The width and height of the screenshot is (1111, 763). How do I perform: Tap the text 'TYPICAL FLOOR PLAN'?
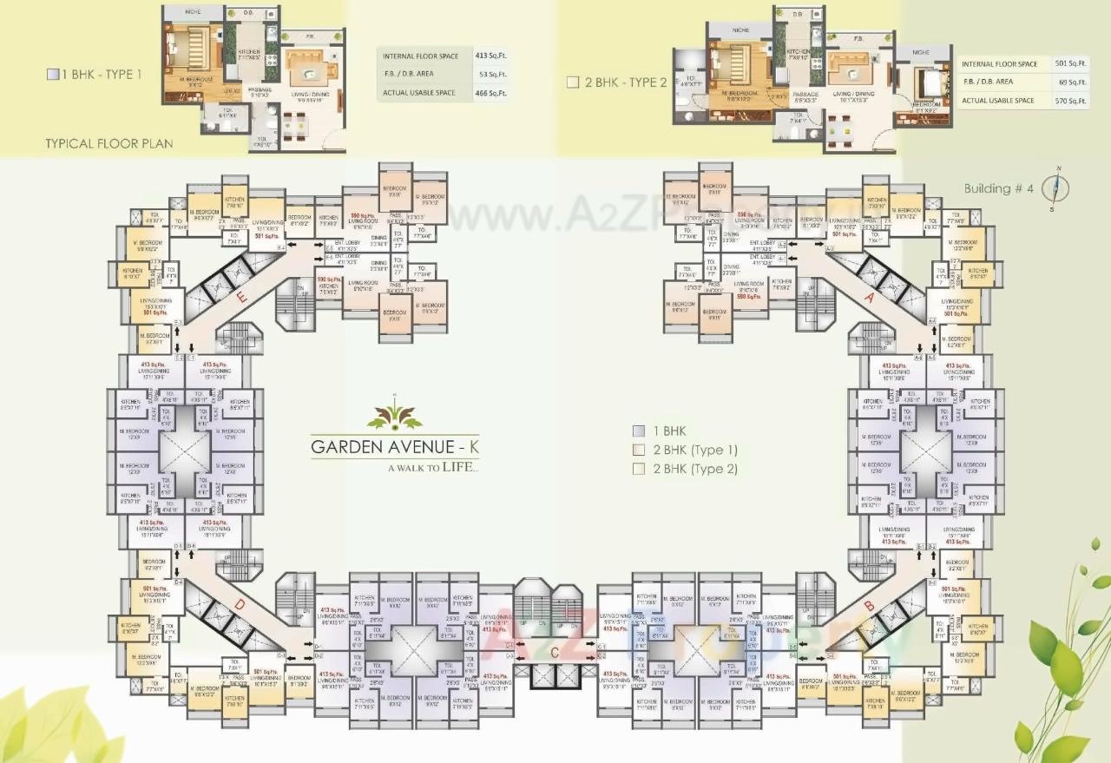click(108, 143)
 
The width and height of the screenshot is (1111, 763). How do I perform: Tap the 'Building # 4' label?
click(998, 188)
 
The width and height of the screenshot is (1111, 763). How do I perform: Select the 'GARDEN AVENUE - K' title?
click(395, 448)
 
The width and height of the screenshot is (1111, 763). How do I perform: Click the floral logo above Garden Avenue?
click(394, 414)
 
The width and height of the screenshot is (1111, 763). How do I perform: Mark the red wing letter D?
click(237, 604)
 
